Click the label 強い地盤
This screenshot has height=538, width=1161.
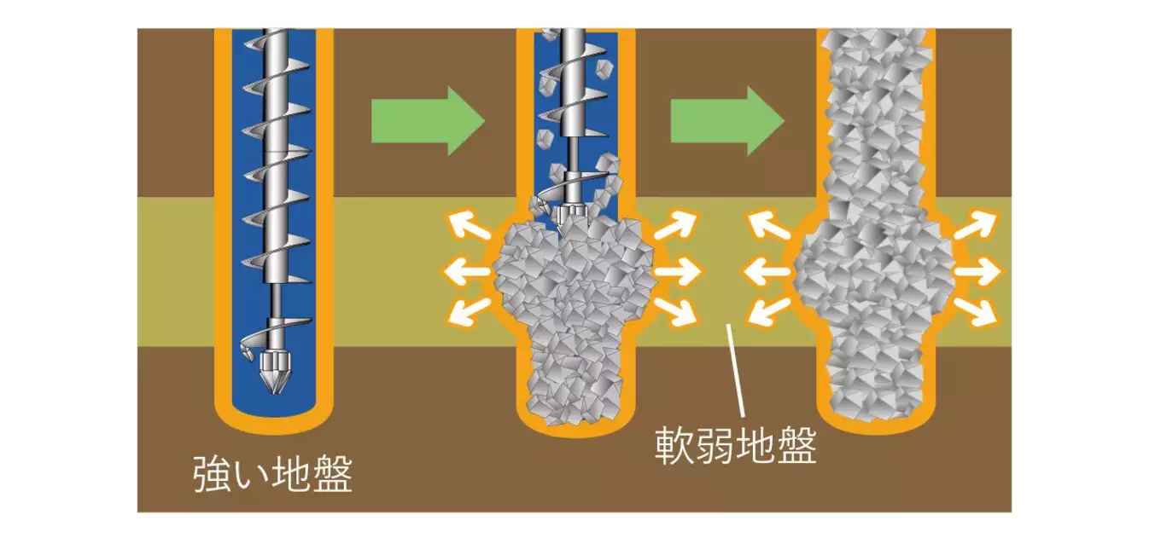(x=271, y=476)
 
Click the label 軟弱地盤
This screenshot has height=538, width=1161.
(x=735, y=446)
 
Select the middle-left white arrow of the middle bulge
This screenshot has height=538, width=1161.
(x=465, y=273)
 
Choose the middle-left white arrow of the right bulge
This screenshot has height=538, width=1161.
(x=766, y=273)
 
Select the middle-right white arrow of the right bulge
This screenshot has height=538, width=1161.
(x=977, y=273)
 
